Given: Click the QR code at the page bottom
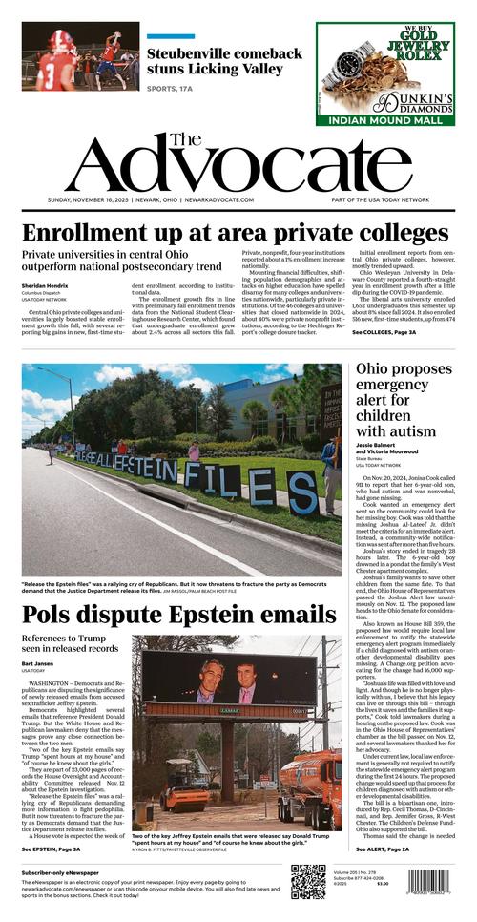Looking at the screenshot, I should point(308,881).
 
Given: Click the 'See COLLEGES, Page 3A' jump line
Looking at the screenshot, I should point(384,332).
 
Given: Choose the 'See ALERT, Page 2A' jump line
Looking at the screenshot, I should point(383,849).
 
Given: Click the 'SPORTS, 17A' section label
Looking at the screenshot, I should point(170,88).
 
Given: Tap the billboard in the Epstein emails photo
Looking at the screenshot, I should point(228,681).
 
